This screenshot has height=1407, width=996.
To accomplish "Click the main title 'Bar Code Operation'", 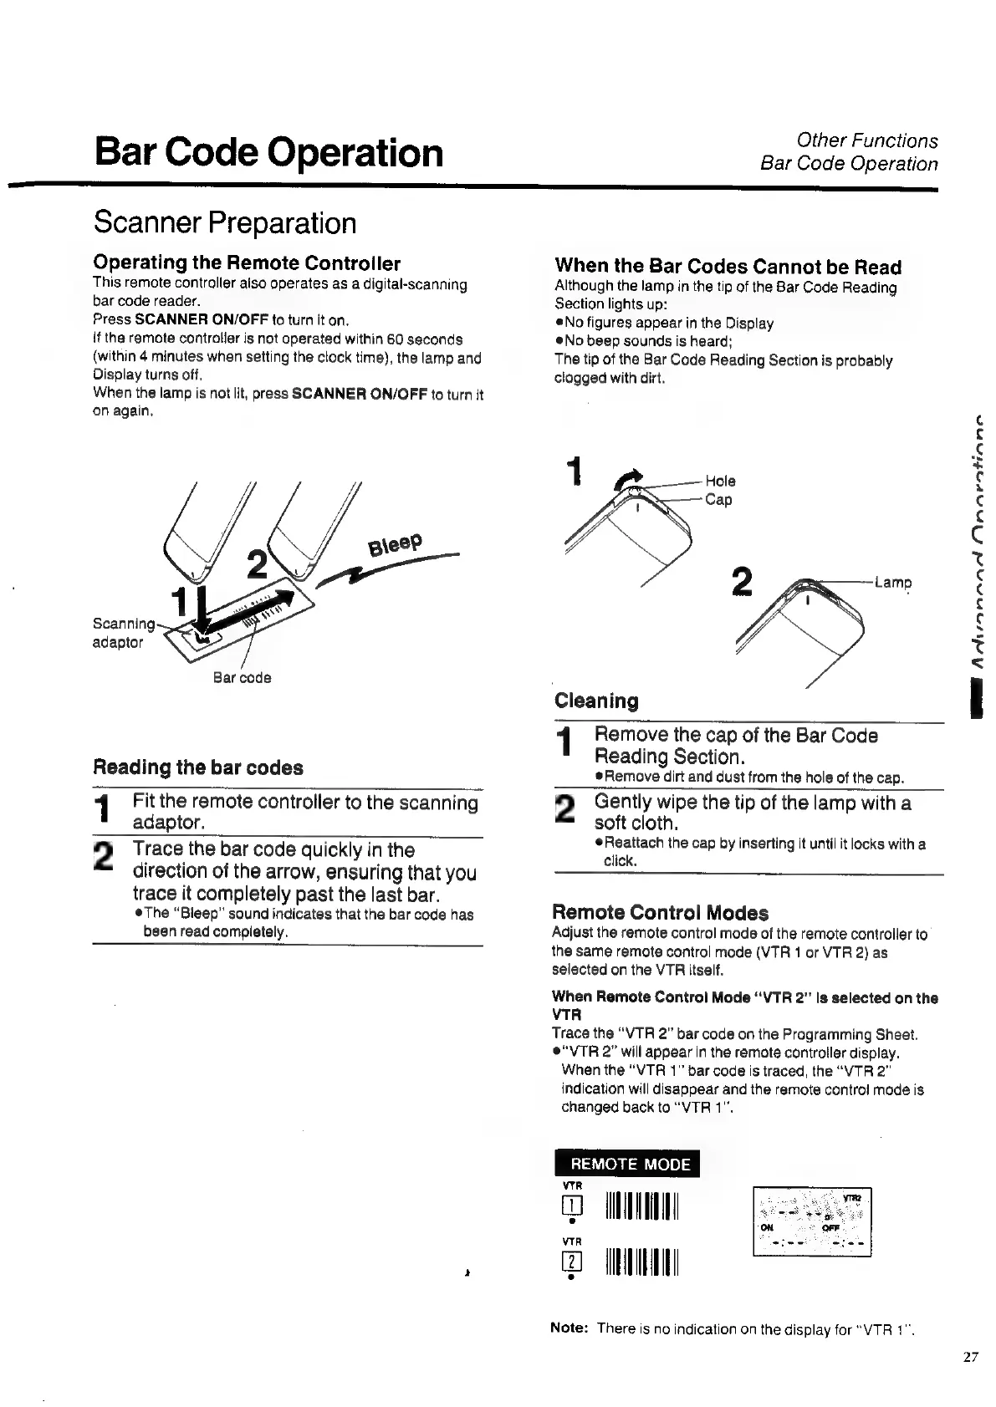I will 268,152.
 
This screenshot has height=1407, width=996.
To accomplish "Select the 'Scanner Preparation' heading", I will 225,223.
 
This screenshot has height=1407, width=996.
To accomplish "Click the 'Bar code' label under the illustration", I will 242,678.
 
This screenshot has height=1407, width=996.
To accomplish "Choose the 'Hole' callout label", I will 720,481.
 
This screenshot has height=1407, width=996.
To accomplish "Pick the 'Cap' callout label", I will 718,500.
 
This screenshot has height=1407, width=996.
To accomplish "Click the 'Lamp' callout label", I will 892,583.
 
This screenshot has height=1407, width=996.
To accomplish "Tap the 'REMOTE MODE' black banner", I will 627,1164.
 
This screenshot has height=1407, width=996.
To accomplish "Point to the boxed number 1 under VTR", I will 572,1205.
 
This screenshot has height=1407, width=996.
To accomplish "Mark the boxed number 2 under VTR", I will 572,1262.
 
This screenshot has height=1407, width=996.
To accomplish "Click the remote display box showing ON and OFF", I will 812,1221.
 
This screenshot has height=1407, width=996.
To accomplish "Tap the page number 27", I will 970,1358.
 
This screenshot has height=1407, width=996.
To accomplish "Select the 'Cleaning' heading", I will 596,701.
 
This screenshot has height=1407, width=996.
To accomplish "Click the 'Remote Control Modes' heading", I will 660,912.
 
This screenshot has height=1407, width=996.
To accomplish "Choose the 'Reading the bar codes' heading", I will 198,767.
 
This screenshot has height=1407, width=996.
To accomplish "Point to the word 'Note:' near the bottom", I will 570,1328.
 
